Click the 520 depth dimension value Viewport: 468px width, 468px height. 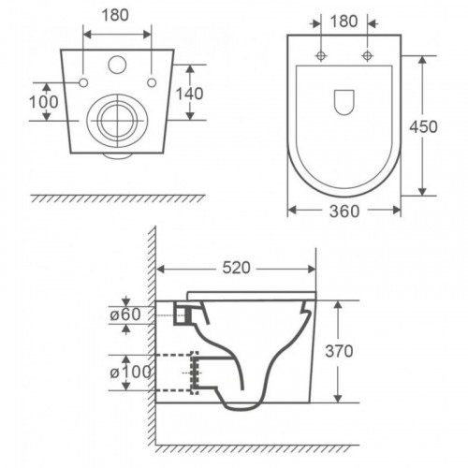coord(236,268)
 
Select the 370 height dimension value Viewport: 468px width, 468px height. coord(339,351)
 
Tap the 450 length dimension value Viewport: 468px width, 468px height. coord(423,126)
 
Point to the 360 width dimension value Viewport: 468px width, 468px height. coord(344,212)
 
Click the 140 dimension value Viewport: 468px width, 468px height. coord(190,94)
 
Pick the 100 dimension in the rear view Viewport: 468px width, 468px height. coord(44,102)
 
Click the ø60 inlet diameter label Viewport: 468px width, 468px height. coord(125,314)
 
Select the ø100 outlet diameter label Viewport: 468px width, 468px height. coord(130,372)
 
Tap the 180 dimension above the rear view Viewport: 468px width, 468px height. coord(115,15)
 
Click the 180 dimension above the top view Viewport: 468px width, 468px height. coord(344,22)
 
